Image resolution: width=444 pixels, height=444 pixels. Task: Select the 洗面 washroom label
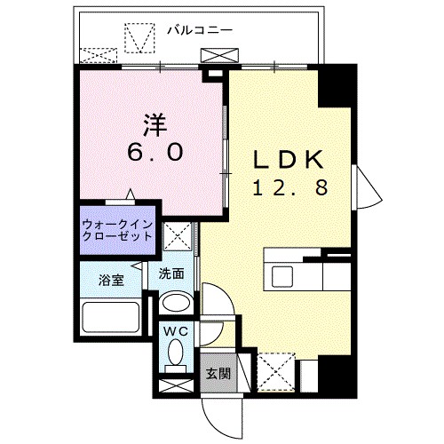[x=171, y=274]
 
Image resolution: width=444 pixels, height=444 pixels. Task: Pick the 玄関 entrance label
[x=217, y=374]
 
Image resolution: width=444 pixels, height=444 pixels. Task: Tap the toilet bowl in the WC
[x=175, y=359]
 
